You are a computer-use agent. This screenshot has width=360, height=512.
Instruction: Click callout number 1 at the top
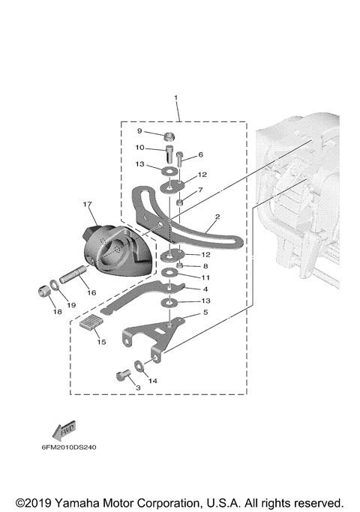pyautogui.click(x=176, y=98)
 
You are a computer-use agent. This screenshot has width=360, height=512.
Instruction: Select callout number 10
pyautogui.click(x=140, y=148)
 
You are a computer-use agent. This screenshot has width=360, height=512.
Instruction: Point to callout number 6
pyautogui.click(x=200, y=156)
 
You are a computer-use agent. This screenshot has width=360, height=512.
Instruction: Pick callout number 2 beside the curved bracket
pyautogui.click(x=216, y=217)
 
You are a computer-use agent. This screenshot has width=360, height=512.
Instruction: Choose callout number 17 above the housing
pyautogui.click(x=87, y=203)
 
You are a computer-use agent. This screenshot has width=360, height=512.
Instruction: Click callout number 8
pyautogui.click(x=204, y=265)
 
